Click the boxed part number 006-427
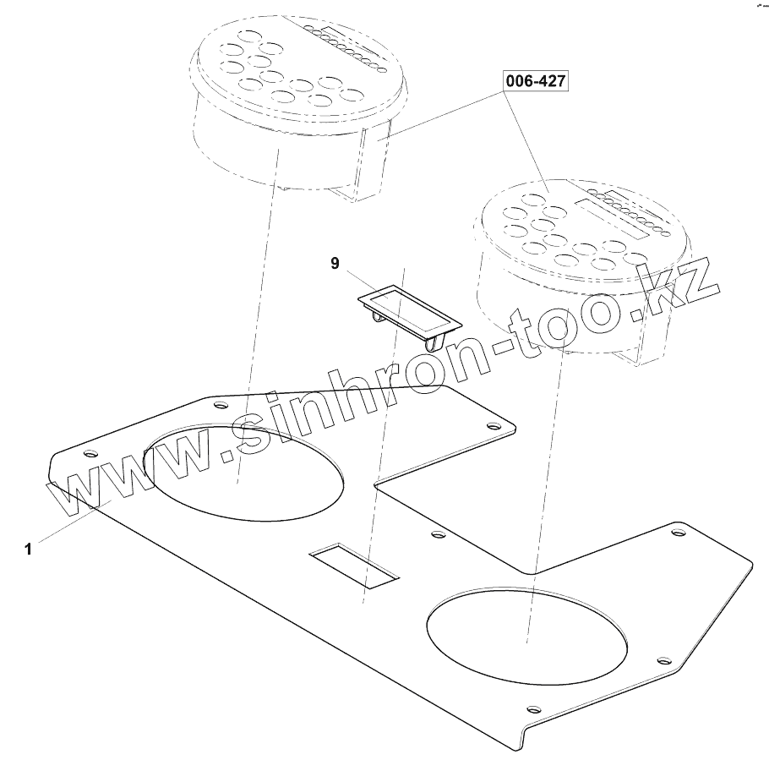pyautogui.click(x=536, y=82)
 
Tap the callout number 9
pyautogui.click(x=335, y=265)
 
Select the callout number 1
pyautogui.click(x=28, y=549)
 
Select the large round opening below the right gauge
pyautogui.click(x=528, y=633)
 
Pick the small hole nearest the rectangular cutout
pyautogui.click(x=437, y=535)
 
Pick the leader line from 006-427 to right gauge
pyautogui.click(x=529, y=135)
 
